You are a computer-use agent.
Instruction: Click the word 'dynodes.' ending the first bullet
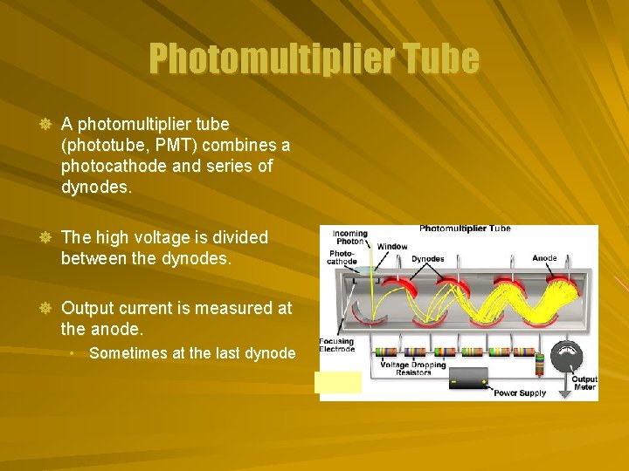click(96, 187)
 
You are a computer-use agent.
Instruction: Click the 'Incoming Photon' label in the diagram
click(349, 237)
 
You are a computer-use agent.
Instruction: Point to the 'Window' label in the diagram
click(392, 247)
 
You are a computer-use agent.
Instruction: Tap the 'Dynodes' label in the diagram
click(427, 259)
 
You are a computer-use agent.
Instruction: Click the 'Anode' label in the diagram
click(544, 258)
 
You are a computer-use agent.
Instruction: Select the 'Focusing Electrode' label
click(337, 345)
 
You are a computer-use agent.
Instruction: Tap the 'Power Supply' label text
click(520, 393)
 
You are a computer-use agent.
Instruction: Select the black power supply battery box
click(468, 378)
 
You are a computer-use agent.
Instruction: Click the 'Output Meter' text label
click(584, 383)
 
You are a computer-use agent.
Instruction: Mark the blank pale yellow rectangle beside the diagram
click(339, 382)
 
